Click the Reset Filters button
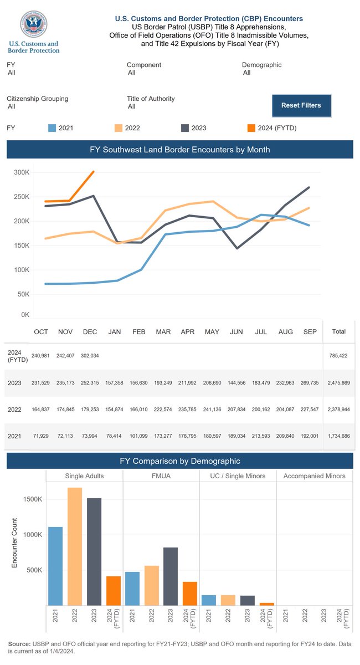tap(301, 105)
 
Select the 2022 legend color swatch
tap(119, 128)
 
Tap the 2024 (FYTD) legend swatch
tap(251, 128)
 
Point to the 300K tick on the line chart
tap(22, 172)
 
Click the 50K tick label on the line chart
tap(23, 294)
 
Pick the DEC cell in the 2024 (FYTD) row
tap(90, 356)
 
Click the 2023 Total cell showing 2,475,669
tap(338, 383)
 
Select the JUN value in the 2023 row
tap(236, 383)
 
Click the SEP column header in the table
tap(310, 332)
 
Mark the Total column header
tap(338, 332)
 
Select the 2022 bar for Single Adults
tap(75, 546)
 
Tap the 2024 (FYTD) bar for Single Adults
tap(114, 591)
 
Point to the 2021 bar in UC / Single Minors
tap(209, 600)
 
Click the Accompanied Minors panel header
tap(314, 476)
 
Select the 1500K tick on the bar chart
tap(33, 499)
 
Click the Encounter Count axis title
tap(14, 543)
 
